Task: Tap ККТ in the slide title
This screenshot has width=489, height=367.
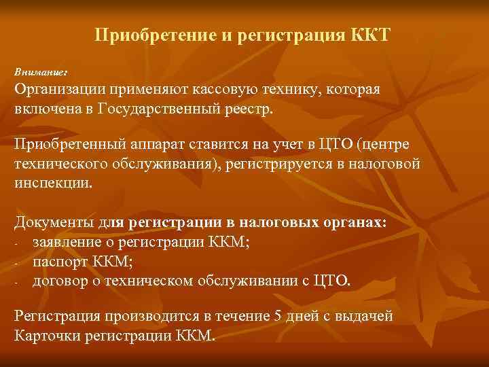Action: (x=371, y=34)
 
